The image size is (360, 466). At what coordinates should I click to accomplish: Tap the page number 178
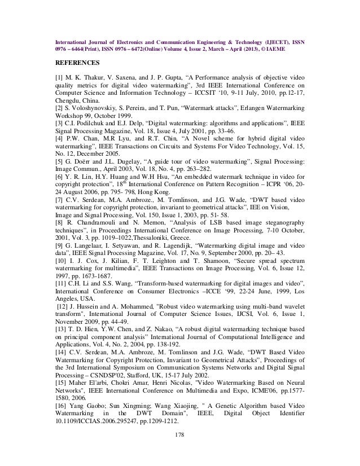coord(180,434)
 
